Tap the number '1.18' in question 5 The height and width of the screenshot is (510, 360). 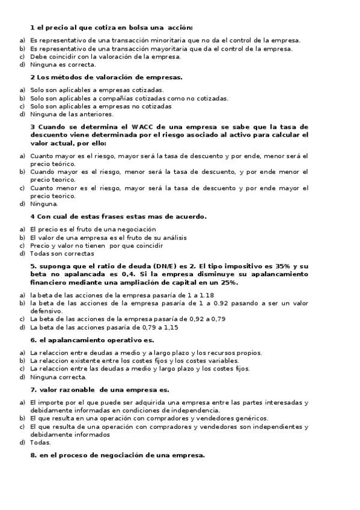(x=206, y=295)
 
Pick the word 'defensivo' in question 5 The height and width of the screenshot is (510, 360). (x=46, y=311)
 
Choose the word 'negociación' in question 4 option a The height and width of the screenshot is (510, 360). (x=133, y=229)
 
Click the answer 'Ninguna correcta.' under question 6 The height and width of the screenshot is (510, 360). (x=58, y=377)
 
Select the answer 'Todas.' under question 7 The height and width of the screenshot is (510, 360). (x=41, y=442)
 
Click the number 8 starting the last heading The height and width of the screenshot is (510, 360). (x=32, y=455)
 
